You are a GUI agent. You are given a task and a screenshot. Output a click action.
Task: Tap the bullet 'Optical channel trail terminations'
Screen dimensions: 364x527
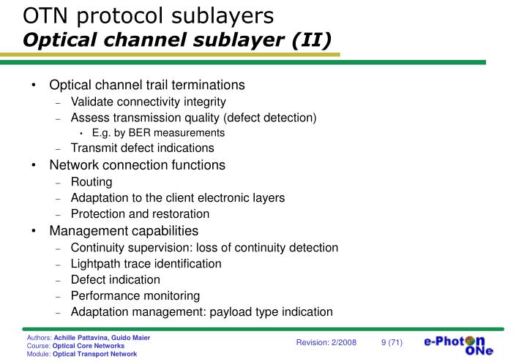point(146,85)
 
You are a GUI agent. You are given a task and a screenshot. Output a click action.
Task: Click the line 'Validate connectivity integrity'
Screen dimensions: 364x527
point(148,102)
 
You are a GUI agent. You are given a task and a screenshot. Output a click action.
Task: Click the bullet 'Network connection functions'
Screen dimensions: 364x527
point(137,165)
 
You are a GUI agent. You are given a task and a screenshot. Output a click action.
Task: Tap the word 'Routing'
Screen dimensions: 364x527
point(91,182)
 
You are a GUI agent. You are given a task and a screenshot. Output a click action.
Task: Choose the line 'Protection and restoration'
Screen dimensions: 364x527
point(140,214)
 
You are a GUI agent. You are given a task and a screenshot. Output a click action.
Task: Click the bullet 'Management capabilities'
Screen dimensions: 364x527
point(123,231)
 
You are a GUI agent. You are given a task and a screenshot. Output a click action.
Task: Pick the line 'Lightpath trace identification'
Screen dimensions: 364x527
point(146,263)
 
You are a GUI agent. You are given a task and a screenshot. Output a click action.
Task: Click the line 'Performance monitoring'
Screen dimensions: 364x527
point(135,295)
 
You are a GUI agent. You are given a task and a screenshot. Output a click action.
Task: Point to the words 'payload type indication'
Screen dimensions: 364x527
point(272,312)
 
